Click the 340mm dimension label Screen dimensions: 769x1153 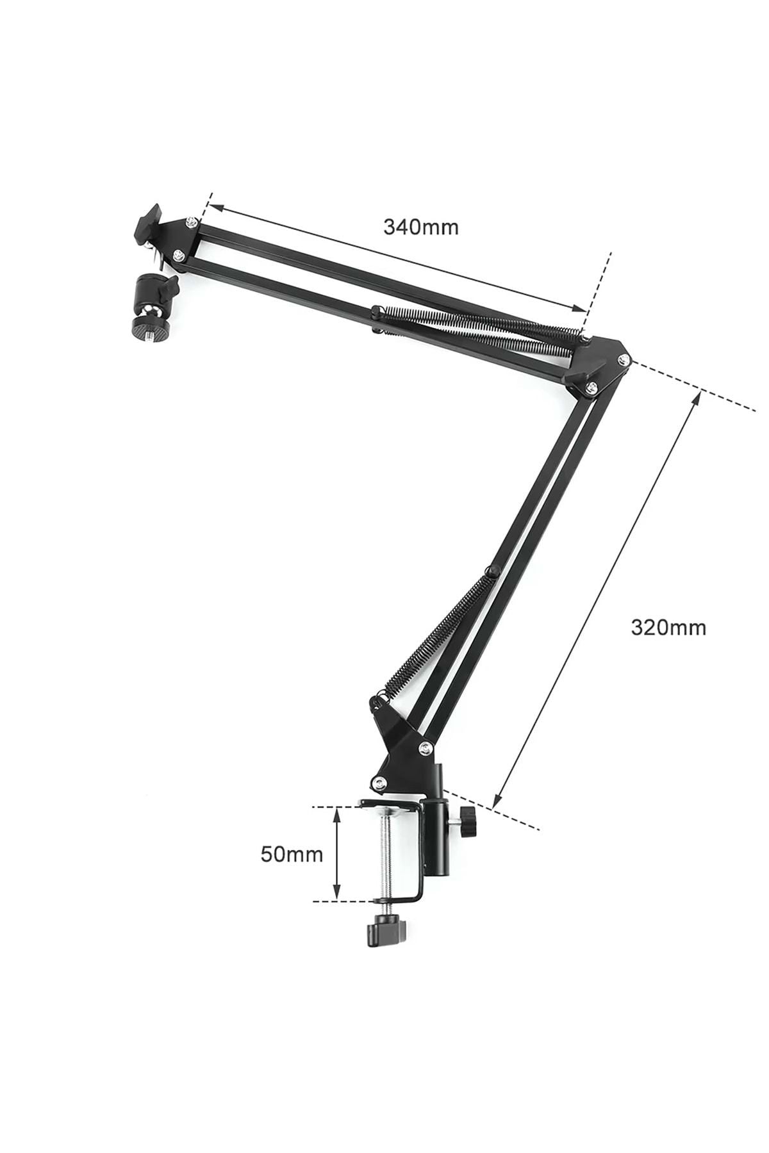(421, 227)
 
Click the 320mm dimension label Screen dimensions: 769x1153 (668, 626)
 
